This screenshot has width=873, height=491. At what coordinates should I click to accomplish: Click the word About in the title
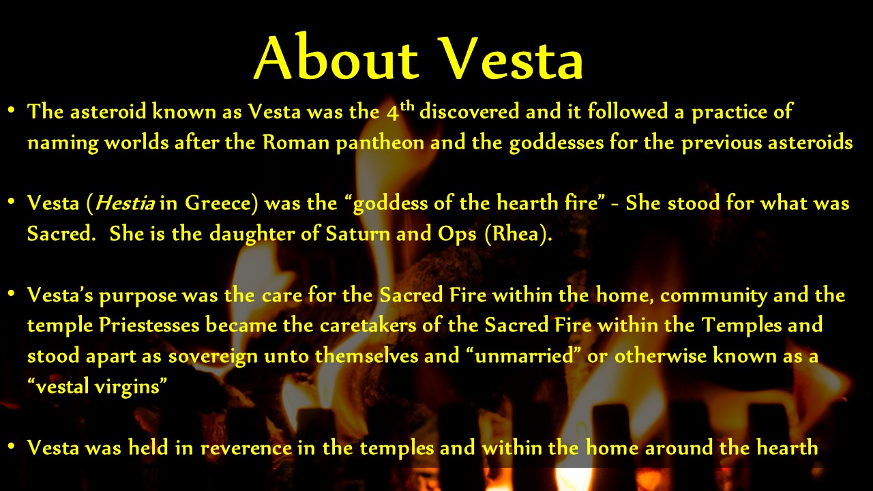[x=337, y=58]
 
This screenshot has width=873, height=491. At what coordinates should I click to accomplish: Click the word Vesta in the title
[x=512, y=59]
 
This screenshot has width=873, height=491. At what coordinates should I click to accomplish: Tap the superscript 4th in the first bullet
[x=400, y=110]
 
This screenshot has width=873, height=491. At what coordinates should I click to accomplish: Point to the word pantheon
[x=380, y=143]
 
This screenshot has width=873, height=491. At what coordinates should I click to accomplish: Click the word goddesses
[x=556, y=143]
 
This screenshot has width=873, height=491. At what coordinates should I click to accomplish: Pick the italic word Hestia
[x=125, y=203]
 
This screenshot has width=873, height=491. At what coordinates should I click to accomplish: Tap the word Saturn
[x=357, y=233]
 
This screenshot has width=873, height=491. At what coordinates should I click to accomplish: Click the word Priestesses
[x=149, y=325]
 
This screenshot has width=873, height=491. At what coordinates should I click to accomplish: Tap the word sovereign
[x=213, y=356]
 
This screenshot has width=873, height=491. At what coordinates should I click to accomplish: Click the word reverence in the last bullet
[x=246, y=447]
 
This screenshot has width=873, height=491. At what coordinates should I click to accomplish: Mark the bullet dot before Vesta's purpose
[x=12, y=293]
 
